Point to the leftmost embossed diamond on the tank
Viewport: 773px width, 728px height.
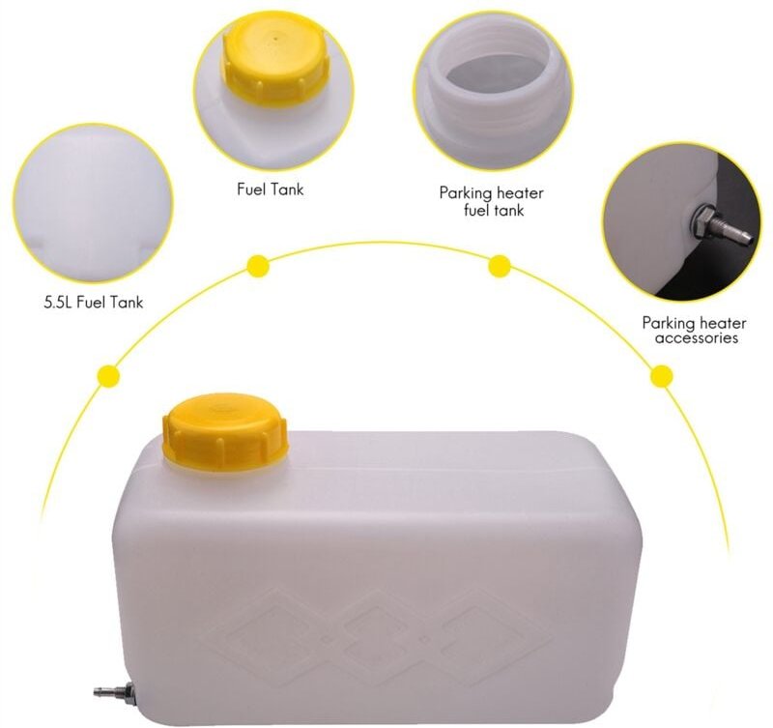(280, 629)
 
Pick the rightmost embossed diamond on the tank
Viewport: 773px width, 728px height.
(494, 629)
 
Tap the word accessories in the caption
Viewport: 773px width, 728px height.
(697, 338)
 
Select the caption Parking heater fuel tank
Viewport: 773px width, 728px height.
(493, 200)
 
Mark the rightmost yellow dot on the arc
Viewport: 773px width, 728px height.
(662, 375)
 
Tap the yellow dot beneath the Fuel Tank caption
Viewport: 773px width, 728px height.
(258, 265)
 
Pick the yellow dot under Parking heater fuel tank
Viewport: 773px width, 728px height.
(500, 265)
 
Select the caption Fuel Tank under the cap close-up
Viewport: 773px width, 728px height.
(270, 189)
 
